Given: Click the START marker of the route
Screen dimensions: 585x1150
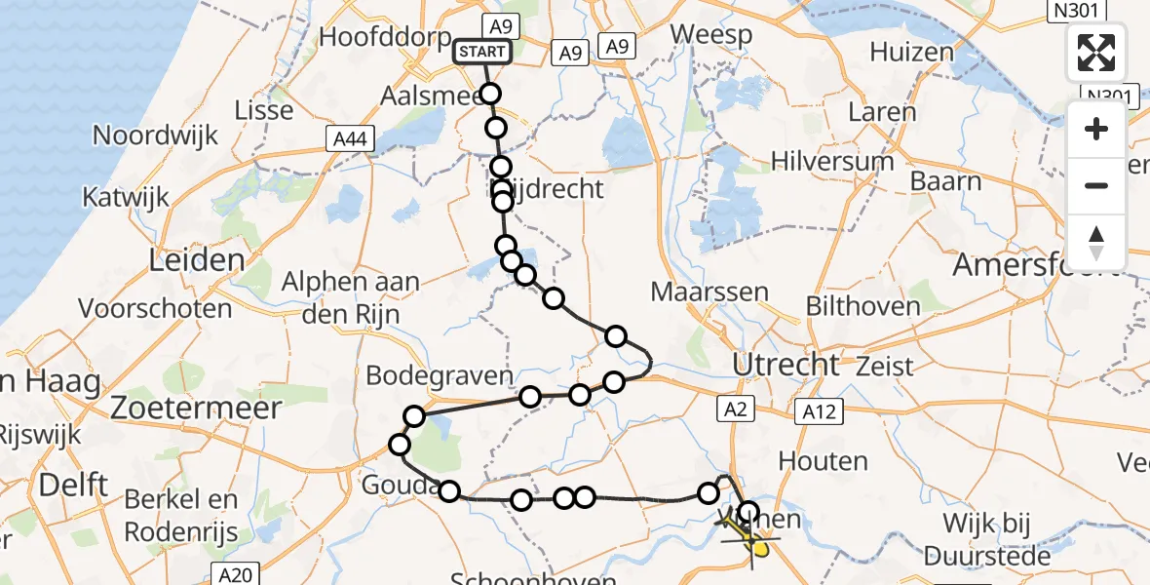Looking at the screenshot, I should point(481,52).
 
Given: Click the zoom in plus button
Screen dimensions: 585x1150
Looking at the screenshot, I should point(1096,130).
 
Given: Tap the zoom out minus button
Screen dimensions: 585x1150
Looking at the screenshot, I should point(1096,185).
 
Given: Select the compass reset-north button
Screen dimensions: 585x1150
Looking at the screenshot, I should point(1096,242).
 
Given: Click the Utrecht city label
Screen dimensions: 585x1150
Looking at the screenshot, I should point(786,366).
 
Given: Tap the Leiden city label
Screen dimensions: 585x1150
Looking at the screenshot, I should point(197,260).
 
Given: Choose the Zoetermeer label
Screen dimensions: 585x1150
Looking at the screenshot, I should point(196,407).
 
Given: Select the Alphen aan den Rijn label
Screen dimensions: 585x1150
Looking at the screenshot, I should point(351,295).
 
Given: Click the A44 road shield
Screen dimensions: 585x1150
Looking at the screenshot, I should point(348,140).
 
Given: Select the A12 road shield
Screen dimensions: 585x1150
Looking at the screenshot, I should point(816,411).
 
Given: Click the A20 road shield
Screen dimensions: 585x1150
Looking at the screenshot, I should point(235,575).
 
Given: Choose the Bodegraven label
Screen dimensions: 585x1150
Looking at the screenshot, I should point(440,376).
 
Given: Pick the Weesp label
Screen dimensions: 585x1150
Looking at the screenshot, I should point(711,35).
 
